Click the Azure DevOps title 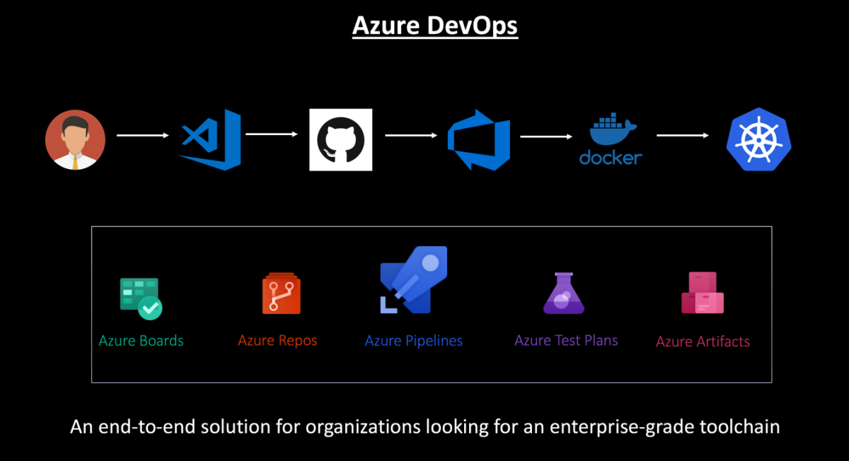point(435,25)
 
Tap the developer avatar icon point(75,139)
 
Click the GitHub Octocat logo point(341,139)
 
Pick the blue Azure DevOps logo point(480,139)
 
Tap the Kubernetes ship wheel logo point(758,139)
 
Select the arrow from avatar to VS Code point(143,135)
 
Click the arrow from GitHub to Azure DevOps point(411,135)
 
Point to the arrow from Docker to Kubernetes point(682,135)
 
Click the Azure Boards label point(141,341)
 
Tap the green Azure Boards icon point(140,298)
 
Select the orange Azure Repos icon point(281,293)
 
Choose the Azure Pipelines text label point(413,341)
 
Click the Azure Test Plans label point(566,340)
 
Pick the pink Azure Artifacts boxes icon point(702,293)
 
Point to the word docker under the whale point(611,157)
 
